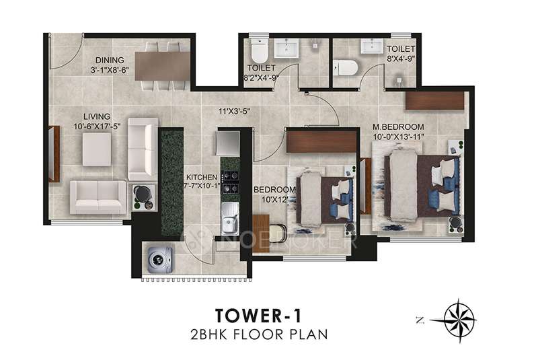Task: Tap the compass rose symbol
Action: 460,316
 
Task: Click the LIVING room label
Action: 88,115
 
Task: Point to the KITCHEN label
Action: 202,177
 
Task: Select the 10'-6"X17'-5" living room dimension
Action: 88,125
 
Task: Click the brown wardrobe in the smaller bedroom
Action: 321,141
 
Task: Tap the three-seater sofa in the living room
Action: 97,196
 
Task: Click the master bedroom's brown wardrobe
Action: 435,100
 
